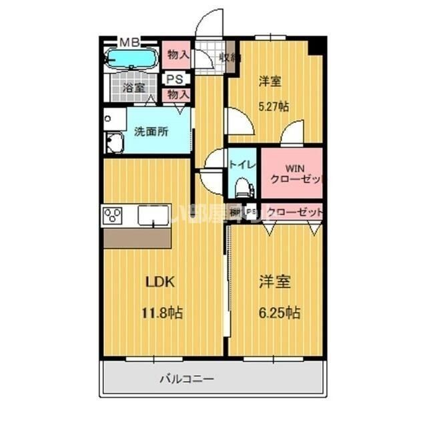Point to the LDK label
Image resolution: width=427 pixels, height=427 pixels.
160,282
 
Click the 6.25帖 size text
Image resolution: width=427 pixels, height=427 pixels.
279,312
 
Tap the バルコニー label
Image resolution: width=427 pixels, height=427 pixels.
186,380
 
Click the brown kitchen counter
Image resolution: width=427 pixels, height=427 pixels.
137,238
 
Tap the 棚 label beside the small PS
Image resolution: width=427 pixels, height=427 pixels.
234,212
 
